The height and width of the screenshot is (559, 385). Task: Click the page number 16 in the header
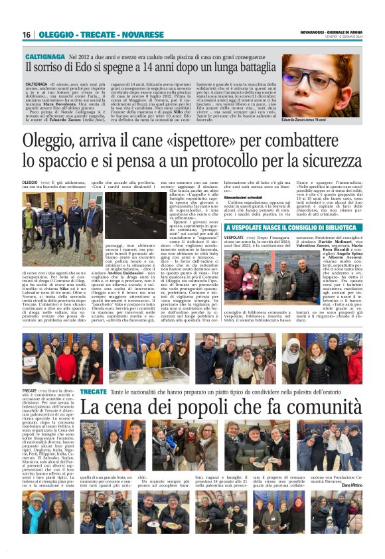click(x=27, y=35)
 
